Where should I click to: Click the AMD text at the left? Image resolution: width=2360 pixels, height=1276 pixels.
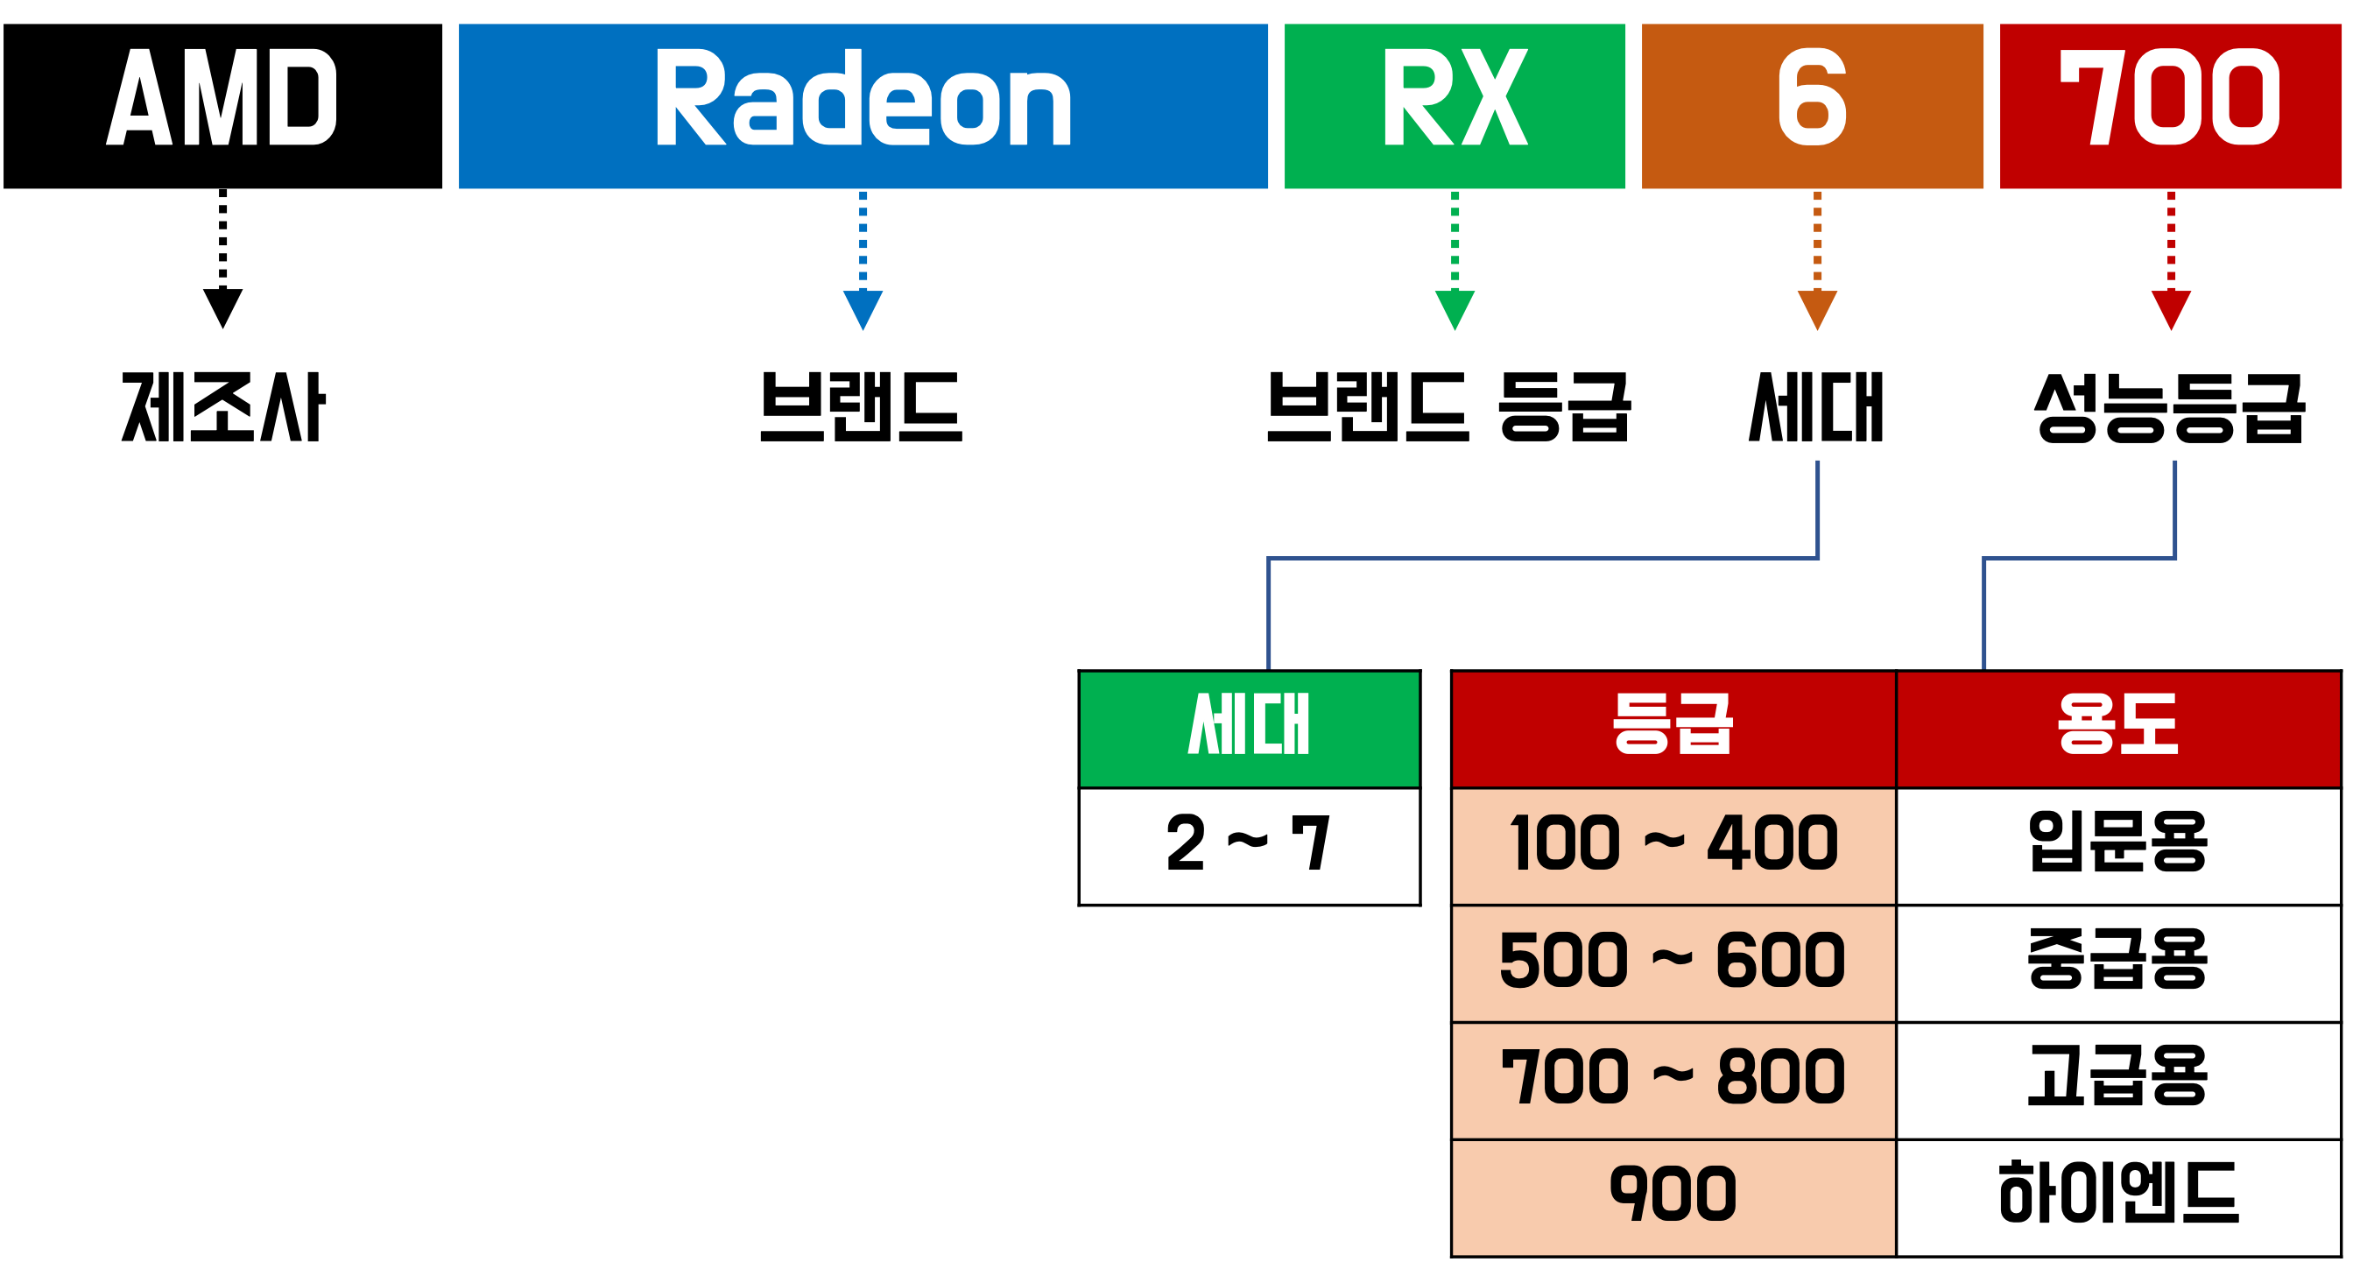tap(221, 98)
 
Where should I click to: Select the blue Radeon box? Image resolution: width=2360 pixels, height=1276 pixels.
tap(863, 106)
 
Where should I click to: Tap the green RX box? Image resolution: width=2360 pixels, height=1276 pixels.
tap(1455, 106)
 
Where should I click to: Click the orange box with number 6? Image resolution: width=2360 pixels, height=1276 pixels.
tap(1812, 106)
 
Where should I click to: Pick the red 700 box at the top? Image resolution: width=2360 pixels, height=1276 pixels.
tap(2170, 106)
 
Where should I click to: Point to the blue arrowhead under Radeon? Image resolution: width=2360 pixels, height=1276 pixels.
tap(863, 307)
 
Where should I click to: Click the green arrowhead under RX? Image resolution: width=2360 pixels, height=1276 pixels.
tap(1455, 307)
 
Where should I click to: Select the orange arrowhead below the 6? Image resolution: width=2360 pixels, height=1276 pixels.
tap(1818, 307)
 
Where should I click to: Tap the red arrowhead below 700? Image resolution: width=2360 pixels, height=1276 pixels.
tap(2171, 307)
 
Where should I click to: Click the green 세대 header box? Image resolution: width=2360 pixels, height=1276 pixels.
tap(1249, 730)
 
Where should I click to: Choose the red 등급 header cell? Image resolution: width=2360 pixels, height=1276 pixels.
tap(1673, 730)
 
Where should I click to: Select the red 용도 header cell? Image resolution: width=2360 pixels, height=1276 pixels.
tap(2118, 730)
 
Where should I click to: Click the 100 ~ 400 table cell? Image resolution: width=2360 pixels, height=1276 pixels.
tap(1673, 845)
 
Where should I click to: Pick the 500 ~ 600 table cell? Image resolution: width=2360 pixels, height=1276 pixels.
tap(1673, 962)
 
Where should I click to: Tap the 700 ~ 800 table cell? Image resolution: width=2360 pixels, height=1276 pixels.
tap(1673, 1079)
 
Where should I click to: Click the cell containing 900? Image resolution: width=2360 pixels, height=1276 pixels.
tap(1673, 1196)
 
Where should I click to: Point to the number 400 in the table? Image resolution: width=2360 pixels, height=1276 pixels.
tap(1772, 843)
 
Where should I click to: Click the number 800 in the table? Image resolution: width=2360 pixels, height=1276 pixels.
tap(1780, 1077)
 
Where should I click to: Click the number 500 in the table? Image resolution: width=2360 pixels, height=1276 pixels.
tap(1563, 961)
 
